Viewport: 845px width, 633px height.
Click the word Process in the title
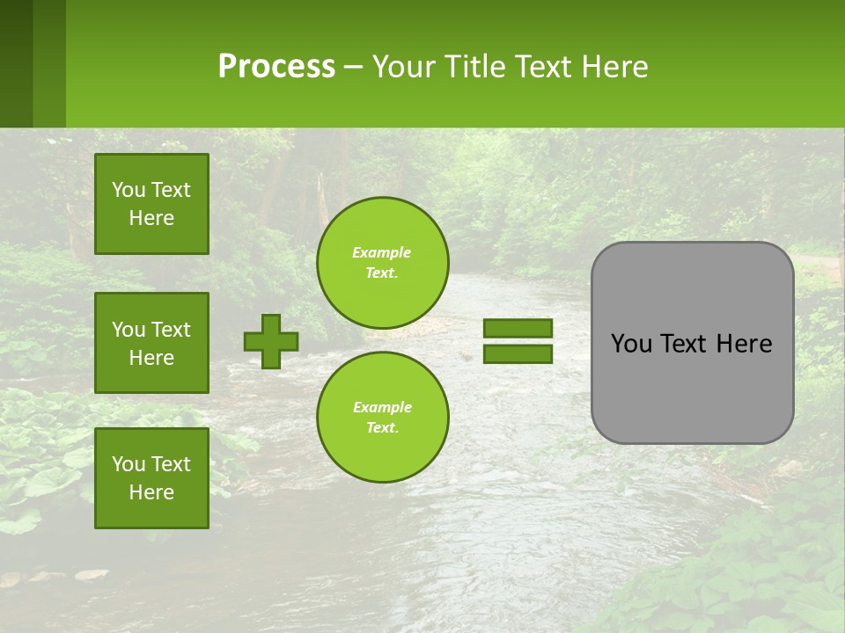(x=276, y=67)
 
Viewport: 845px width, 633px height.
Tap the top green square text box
(x=151, y=204)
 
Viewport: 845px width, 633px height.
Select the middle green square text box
(x=151, y=343)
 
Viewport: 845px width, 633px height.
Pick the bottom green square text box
(x=151, y=478)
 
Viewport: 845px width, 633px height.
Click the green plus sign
(x=271, y=341)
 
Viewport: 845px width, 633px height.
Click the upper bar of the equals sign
(x=518, y=328)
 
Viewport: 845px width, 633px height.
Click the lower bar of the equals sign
(x=518, y=353)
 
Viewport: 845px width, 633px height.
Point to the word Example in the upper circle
(x=382, y=252)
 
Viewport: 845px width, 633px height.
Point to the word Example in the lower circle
(x=382, y=407)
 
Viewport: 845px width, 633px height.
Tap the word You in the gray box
(x=631, y=344)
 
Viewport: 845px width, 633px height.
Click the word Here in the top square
(x=151, y=218)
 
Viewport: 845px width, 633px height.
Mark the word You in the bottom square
(x=129, y=464)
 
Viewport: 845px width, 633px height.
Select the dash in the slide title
(x=353, y=68)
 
